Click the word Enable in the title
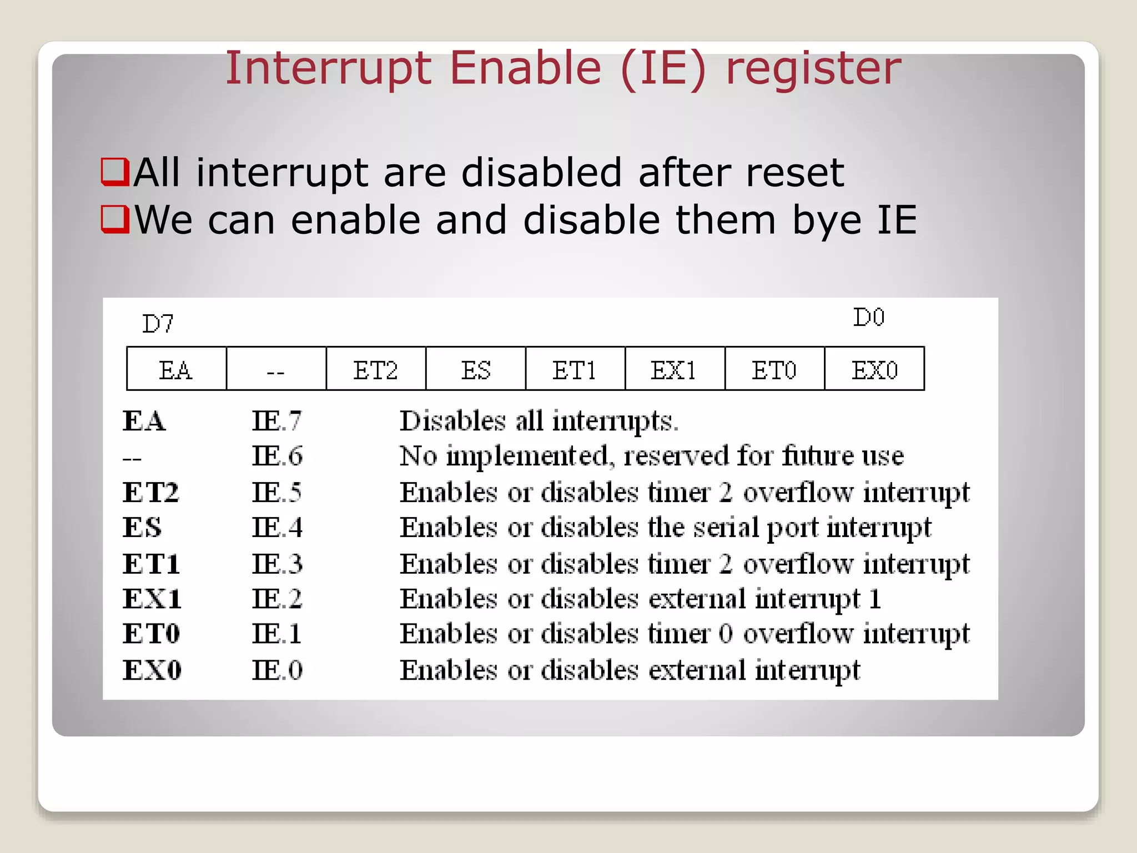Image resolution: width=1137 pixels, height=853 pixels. pyautogui.click(x=525, y=68)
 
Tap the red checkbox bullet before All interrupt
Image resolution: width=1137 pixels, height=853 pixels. pyautogui.click(x=115, y=172)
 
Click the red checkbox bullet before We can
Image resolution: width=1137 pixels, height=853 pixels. pyautogui.click(x=115, y=219)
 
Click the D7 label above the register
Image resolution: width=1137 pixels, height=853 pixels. pyautogui.click(x=158, y=324)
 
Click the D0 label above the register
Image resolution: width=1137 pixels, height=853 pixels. pyautogui.click(x=868, y=317)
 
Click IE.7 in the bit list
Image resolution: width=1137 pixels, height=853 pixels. pyautogui.click(x=276, y=420)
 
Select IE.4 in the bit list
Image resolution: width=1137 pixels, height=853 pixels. pyautogui.click(x=276, y=528)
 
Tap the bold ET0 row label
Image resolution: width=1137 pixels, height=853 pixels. pyautogui.click(x=152, y=634)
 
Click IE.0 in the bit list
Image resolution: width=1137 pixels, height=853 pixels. pyautogui.click(x=276, y=670)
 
